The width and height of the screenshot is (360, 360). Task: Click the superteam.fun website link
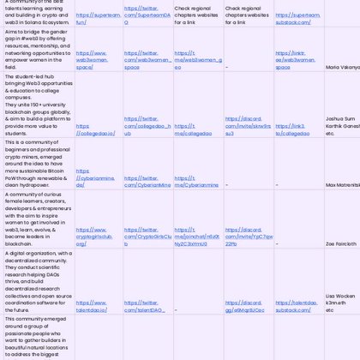pyautogui.click(x=98, y=18)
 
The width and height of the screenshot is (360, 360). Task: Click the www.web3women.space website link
pyautogui.click(x=92, y=59)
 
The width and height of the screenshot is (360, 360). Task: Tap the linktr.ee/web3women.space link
pyautogui.click(x=295, y=59)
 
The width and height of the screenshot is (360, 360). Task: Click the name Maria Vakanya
pyautogui.click(x=342, y=66)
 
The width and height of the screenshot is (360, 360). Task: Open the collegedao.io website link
pyautogui.click(x=95, y=129)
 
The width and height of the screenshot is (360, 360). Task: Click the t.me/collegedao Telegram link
pyautogui.click(x=193, y=129)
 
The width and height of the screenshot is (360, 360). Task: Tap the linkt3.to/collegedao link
pyautogui.click(x=292, y=129)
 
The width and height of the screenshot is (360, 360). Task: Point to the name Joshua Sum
pyautogui.click(x=340, y=119)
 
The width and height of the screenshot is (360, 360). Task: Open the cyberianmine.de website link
pyautogui.click(x=94, y=181)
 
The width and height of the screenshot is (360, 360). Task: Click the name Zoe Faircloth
pyautogui.click(x=341, y=243)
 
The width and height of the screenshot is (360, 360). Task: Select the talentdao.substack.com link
pyautogui.click(x=297, y=306)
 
